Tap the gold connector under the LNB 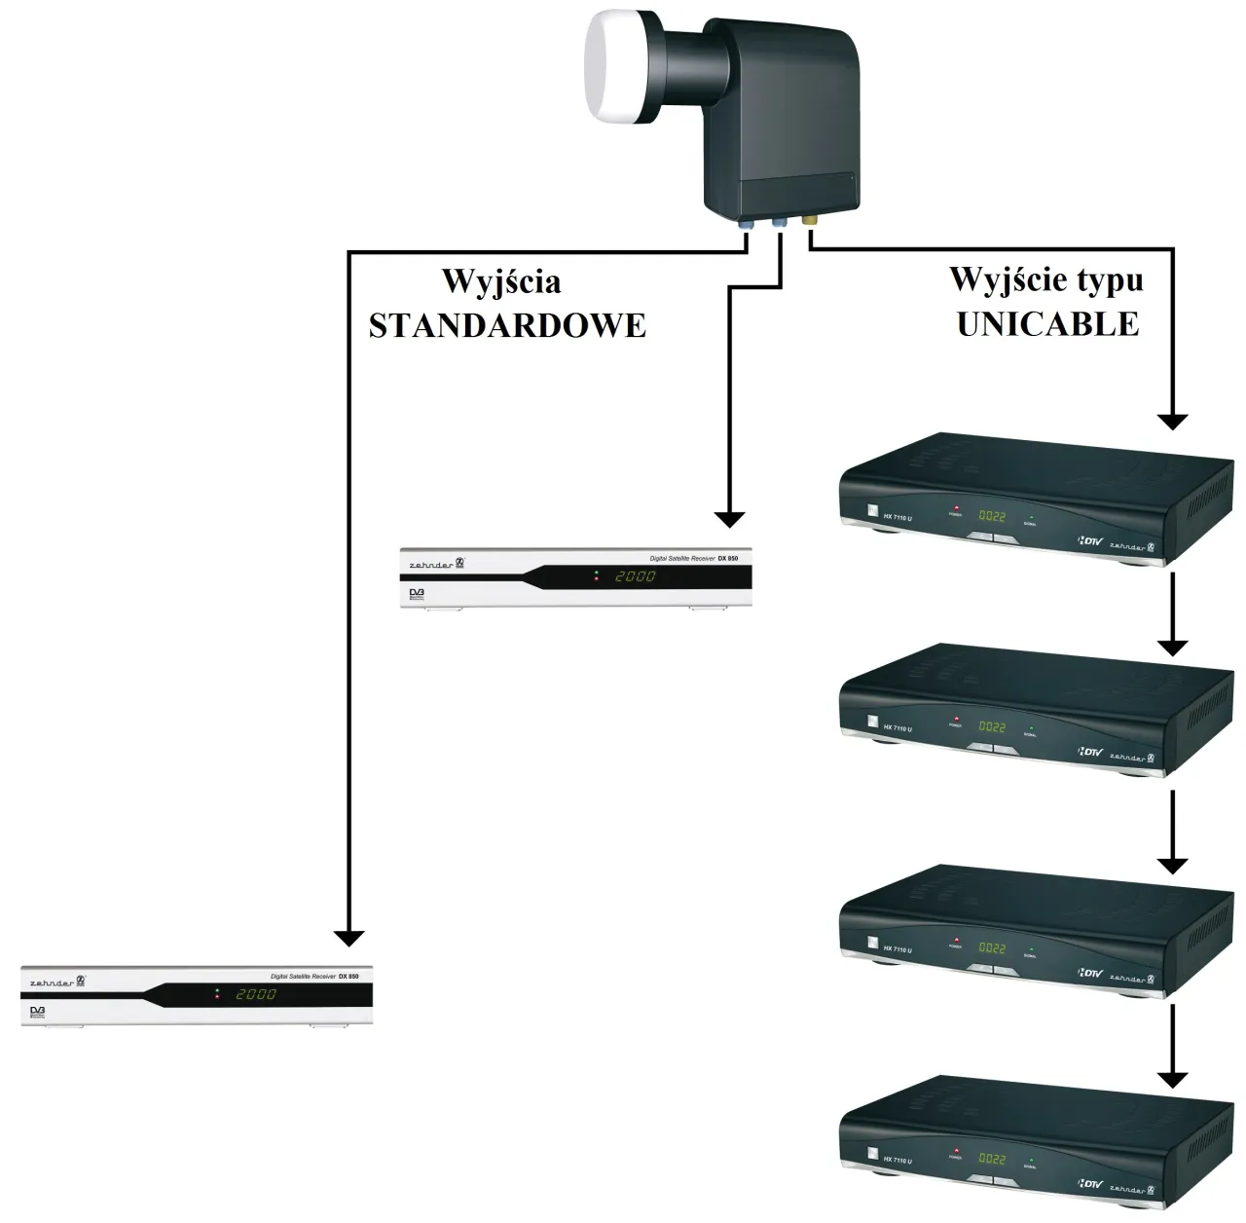(809, 222)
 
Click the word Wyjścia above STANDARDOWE (501, 282)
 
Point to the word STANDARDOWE (507, 325)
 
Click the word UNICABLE (1047, 324)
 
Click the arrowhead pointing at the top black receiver (1173, 422)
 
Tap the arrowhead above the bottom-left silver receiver (348, 938)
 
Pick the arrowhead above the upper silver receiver (729, 519)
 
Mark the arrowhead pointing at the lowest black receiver (1173, 1079)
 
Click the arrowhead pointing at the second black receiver (1173, 648)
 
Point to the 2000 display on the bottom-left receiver (256, 994)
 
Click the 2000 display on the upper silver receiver (636, 576)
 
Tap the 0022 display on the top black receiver (992, 515)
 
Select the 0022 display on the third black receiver (992, 947)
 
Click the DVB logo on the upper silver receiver (417, 592)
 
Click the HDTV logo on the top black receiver (1090, 538)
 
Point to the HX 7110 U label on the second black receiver (898, 728)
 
